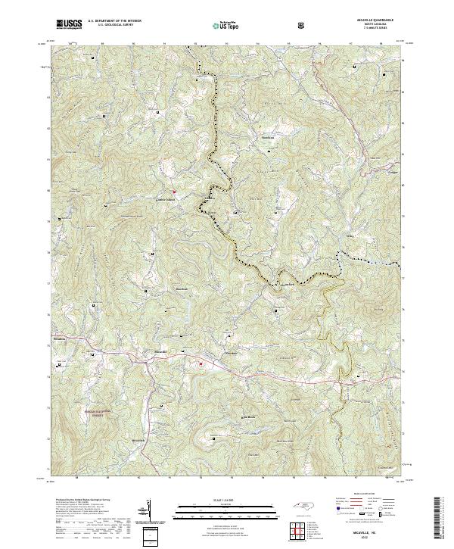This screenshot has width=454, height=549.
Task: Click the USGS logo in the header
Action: pos(69,24)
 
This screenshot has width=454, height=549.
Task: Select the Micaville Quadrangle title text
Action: pos(376,20)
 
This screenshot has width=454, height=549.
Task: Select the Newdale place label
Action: pos(232,353)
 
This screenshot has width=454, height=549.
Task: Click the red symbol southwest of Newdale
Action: pos(201,365)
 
